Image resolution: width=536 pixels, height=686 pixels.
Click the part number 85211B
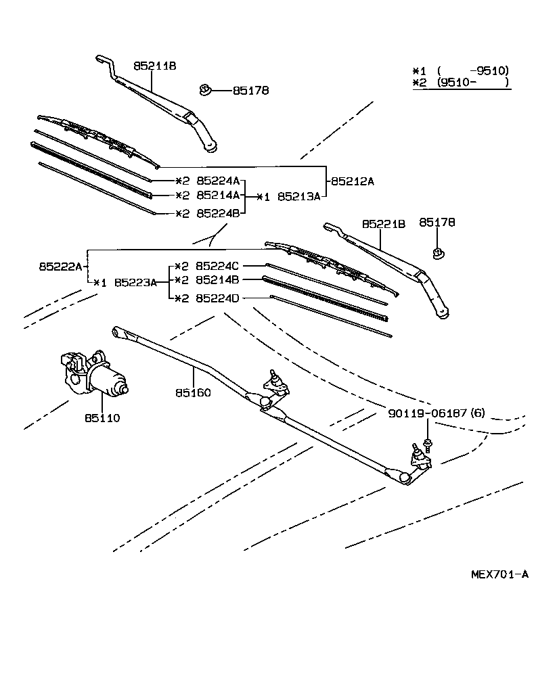[154, 66]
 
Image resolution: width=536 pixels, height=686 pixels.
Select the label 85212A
[353, 181]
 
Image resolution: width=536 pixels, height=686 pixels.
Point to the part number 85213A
[298, 197]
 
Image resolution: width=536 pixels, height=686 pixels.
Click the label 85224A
[218, 181]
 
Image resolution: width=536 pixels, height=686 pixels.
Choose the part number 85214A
[218, 196]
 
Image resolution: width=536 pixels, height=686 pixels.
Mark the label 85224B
[218, 213]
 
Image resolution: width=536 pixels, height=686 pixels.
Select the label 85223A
[135, 282]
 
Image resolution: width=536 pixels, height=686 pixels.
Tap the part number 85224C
[218, 266]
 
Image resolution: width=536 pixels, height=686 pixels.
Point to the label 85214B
[218, 279]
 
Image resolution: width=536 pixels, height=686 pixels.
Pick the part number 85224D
[218, 298]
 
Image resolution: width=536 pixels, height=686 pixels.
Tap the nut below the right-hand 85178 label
[438, 254]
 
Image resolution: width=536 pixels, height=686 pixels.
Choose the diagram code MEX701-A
[499, 574]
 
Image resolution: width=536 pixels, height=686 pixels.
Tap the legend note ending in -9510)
[461, 70]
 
